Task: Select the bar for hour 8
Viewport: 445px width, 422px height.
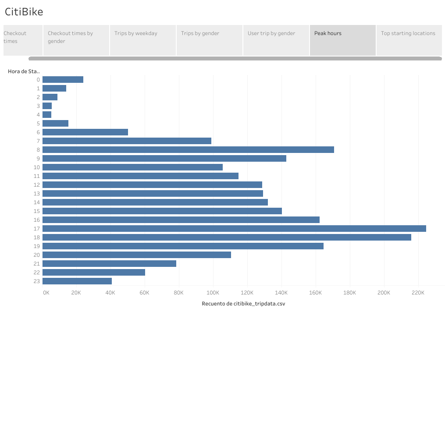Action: click(188, 149)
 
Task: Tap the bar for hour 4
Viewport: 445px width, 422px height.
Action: click(47, 114)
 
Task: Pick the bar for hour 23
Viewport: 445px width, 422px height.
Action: click(77, 281)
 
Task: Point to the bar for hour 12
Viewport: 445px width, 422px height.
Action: click(152, 184)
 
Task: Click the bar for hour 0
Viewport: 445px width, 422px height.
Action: click(63, 79)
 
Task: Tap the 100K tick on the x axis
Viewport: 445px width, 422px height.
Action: click(213, 293)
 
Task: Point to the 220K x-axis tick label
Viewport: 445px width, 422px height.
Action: click(418, 293)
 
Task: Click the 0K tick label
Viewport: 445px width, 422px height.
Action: click(46, 293)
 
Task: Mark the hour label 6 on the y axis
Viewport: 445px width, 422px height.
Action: click(38, 132)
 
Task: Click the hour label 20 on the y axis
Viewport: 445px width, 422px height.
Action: click(36, 255)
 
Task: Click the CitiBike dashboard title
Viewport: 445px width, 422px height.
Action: click(24, 12)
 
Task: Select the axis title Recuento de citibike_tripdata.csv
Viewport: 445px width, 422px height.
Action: click(243, 304)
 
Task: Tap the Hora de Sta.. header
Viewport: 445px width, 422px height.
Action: click(24, 71)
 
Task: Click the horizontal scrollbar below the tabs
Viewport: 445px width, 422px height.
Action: click(235, 58)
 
